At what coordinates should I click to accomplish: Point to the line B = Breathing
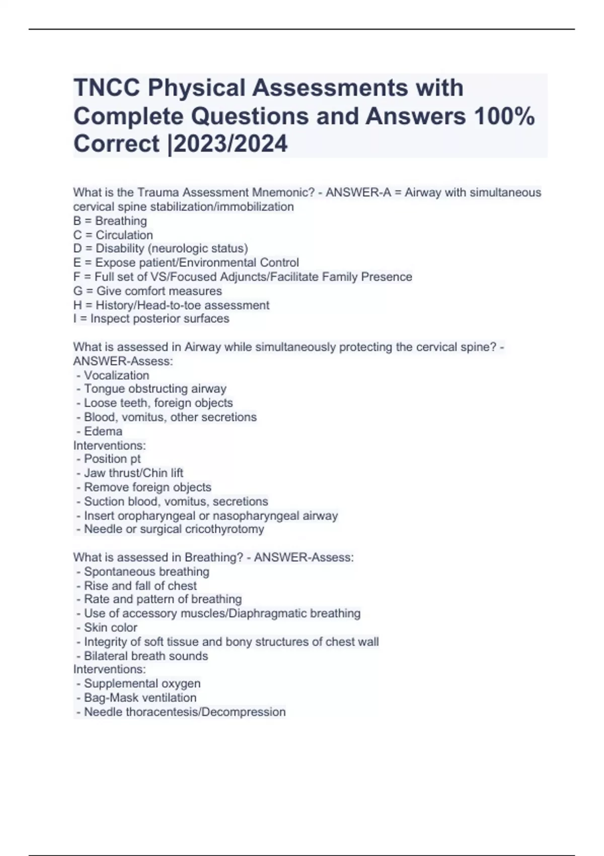click(x=110, y=221)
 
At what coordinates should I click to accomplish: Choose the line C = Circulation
click(x=113, y=235)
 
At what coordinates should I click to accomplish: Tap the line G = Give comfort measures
click(x=147, y=291)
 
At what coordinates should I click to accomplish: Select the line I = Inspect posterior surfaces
click(x=151, y=318)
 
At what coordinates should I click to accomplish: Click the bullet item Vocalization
click(x=116, y=375)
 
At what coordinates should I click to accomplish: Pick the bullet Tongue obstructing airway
click(x=155, y=389)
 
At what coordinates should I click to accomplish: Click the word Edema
click(x=103, y=431)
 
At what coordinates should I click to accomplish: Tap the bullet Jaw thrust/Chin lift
click(x=133, y=473)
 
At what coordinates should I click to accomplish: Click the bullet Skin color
click(x=110, y=627)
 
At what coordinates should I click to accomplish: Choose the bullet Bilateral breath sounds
click(x=145, y=656)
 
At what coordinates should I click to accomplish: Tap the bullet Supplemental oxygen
click(x=142, y=683)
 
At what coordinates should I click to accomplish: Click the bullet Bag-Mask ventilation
click(x=140, y=697)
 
